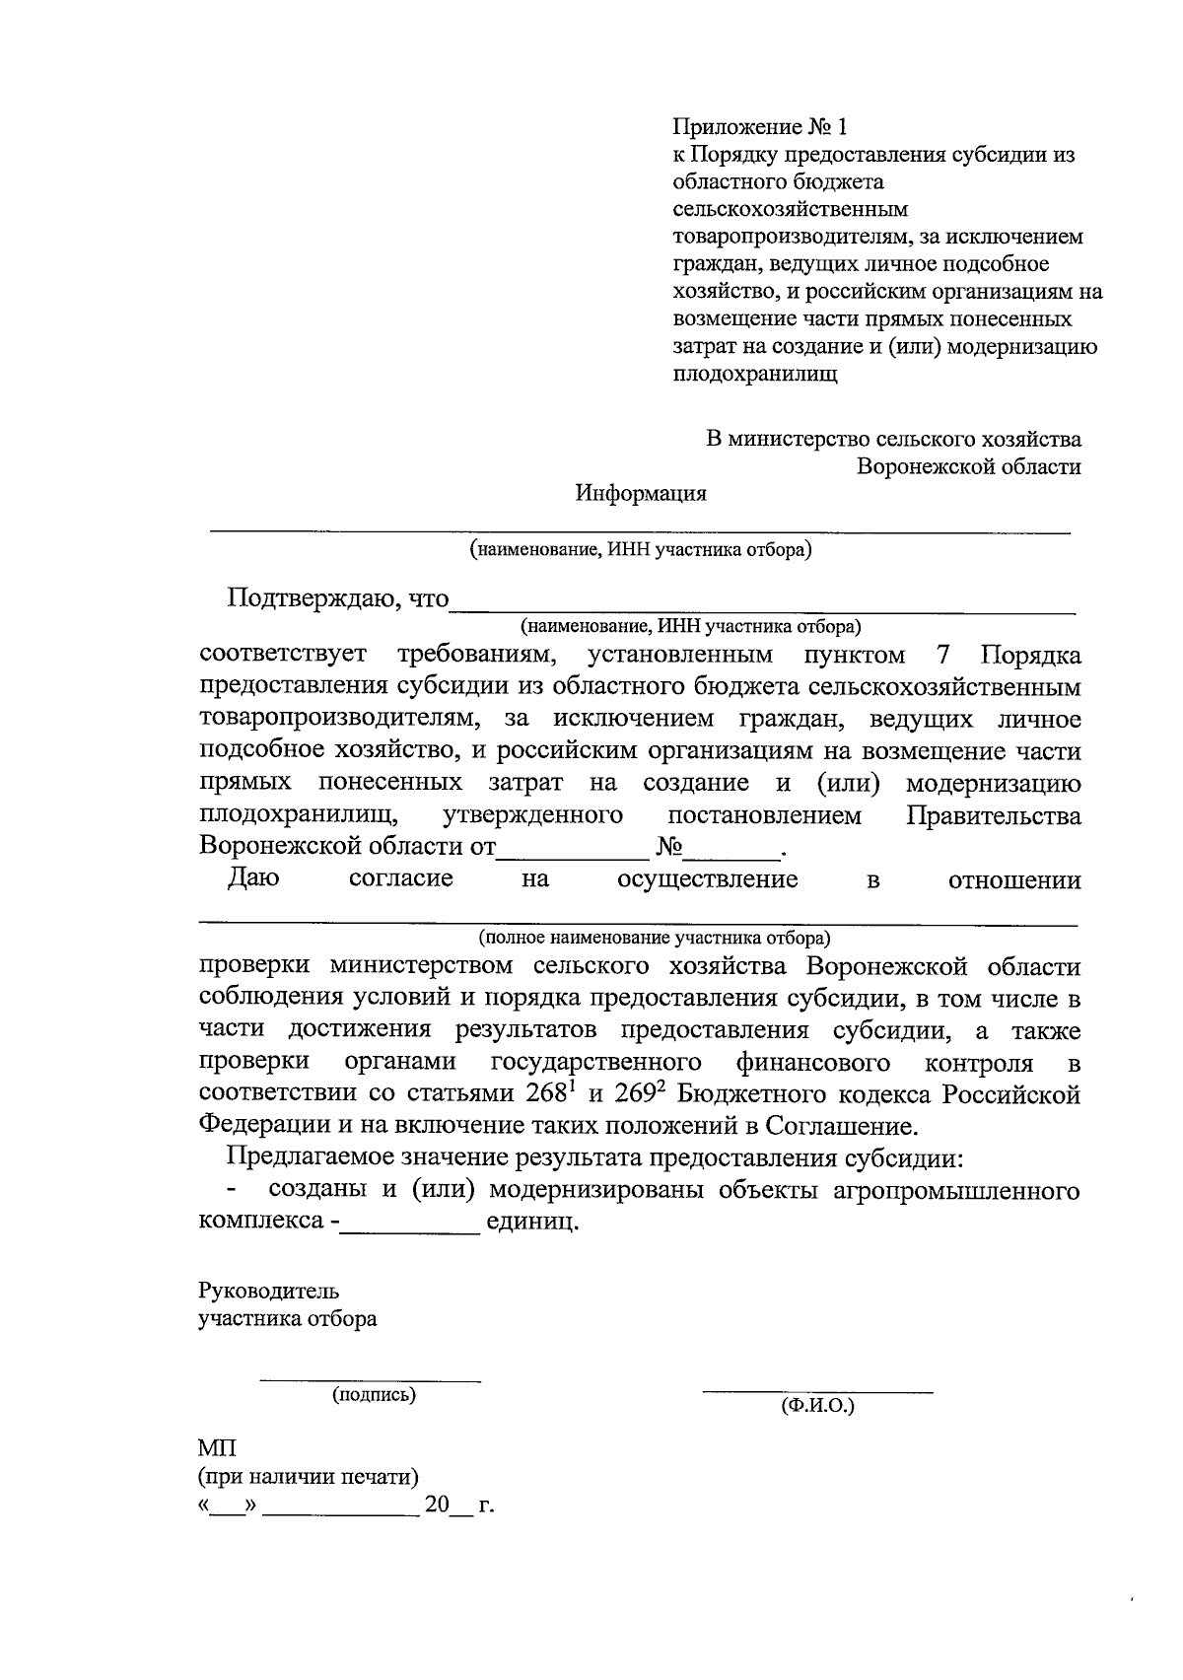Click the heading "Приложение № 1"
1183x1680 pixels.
point(759,127)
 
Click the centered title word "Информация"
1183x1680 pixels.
point(641,494)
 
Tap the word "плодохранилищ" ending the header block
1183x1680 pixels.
point(754,375)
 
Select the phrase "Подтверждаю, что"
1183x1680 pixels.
point(337,598)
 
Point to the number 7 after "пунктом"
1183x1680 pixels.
point(939,656)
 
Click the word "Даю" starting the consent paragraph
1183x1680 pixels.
point(253,878)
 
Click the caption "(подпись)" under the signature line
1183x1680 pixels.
point(374,1394)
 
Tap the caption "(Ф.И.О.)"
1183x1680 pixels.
point(817,1406)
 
